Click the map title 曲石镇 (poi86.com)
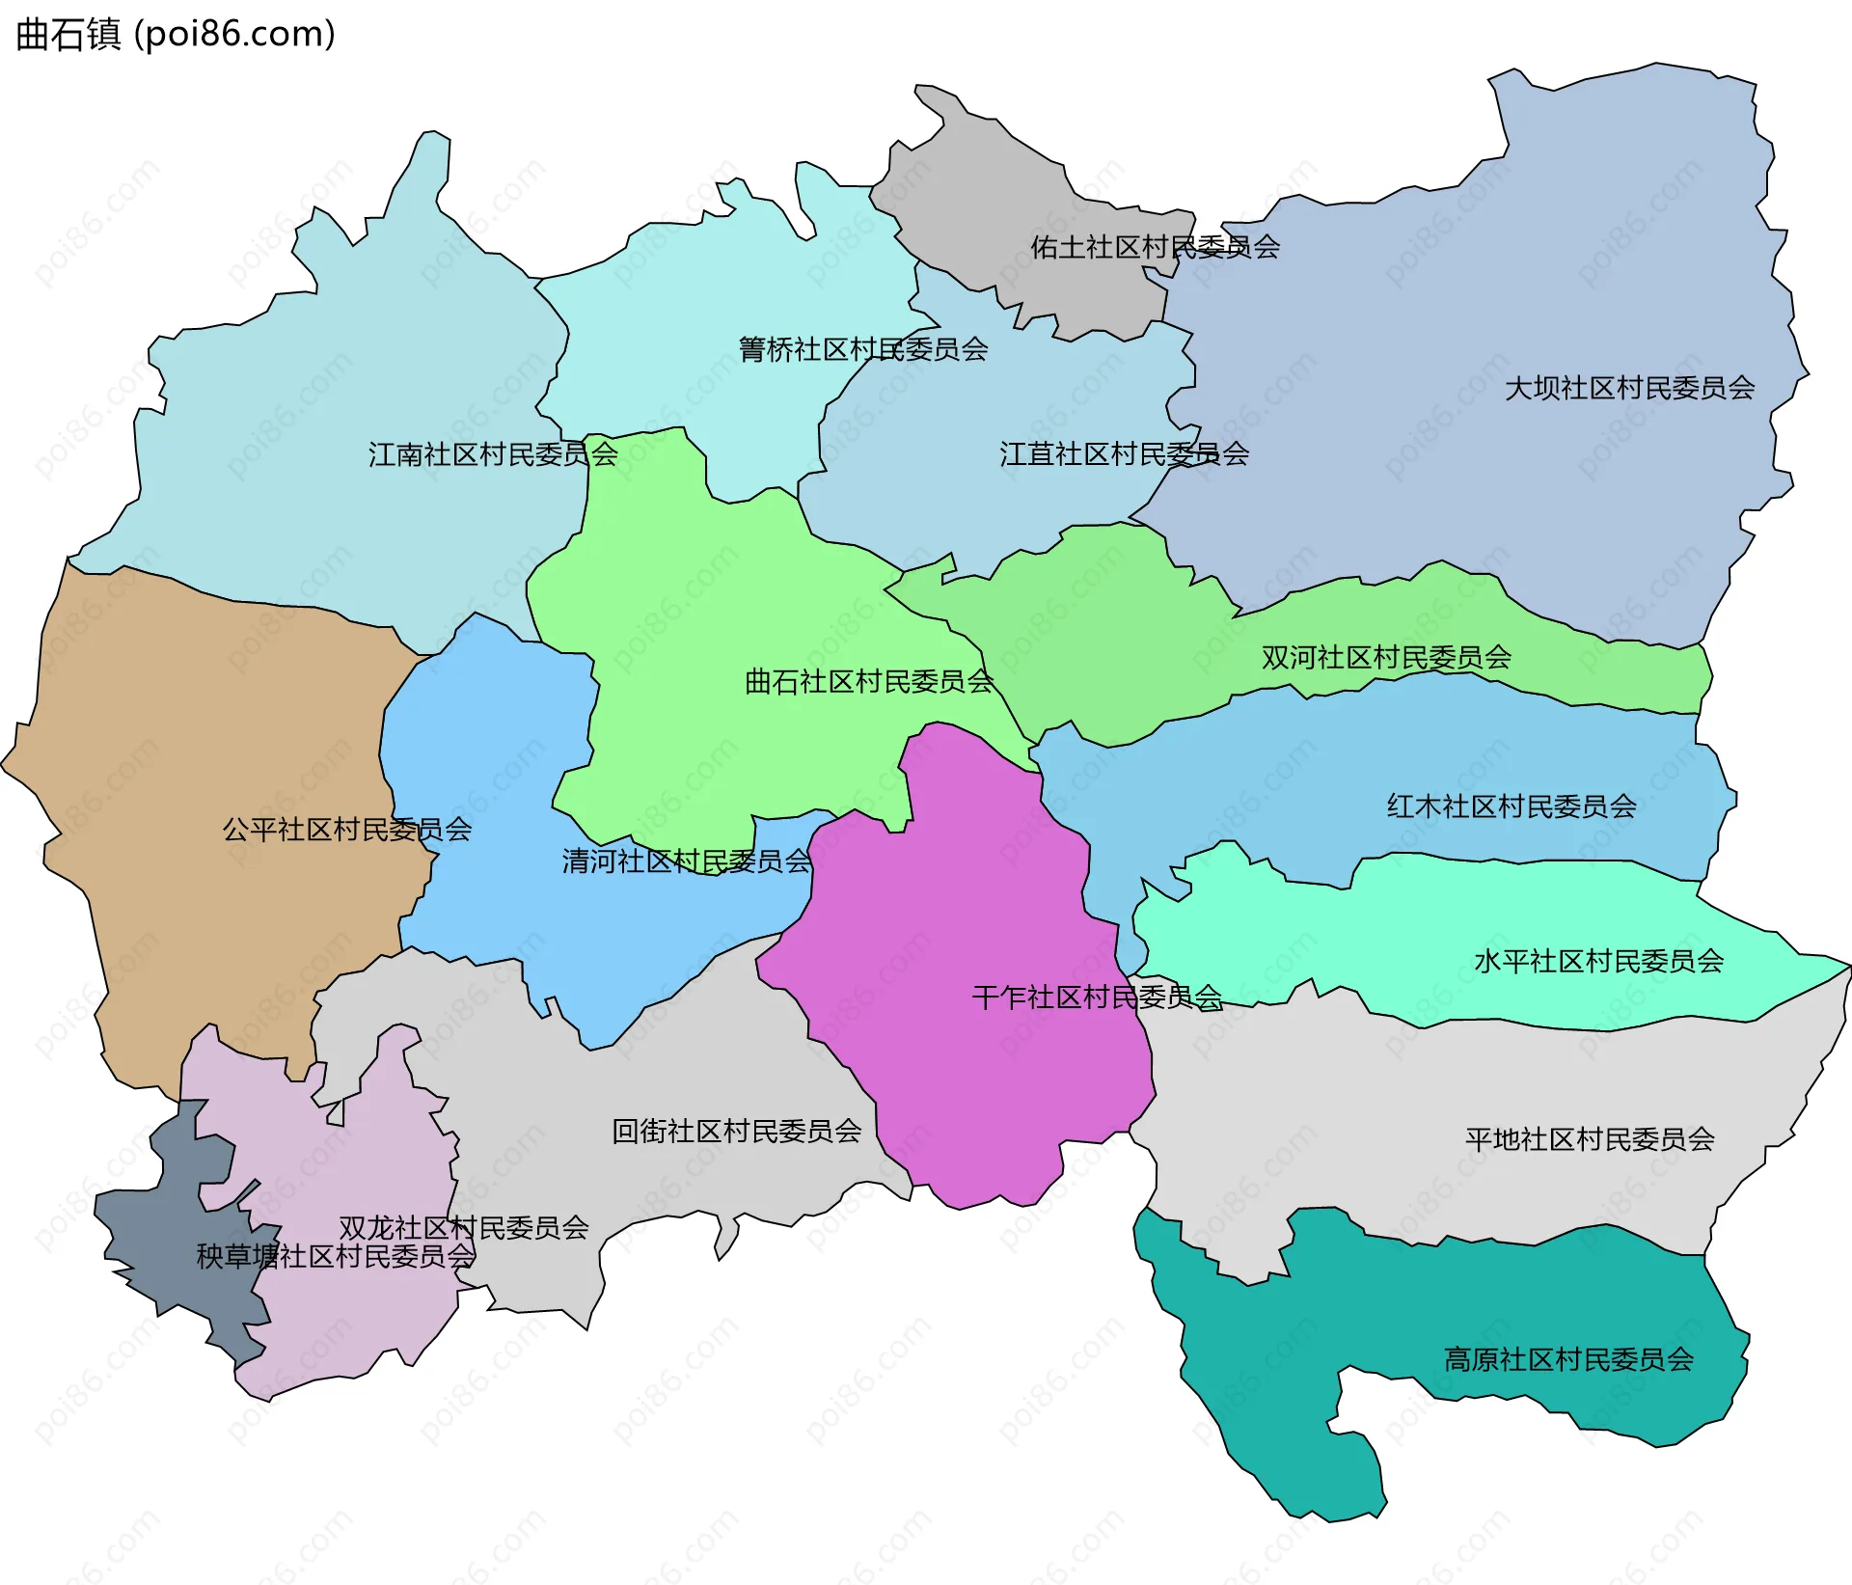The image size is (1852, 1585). coord(176,34)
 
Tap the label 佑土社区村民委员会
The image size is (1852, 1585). coord(1155,248)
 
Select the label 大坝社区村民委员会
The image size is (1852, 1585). coord(1629,389)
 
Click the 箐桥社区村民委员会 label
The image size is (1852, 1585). coord(862,349)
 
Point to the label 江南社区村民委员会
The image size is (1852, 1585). coord(492,454)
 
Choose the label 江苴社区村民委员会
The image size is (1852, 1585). coord(1124,454)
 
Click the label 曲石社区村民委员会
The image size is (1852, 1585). coord(868,682)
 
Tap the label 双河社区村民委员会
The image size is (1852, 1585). coord(1386,658)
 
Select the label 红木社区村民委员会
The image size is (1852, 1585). coord(1512,806)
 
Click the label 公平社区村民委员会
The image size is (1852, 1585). coord(347,830)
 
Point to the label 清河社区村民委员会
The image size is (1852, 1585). coord(687,861)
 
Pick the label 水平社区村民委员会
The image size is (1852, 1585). coord(1598,961)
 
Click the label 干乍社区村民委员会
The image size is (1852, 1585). coord(1097,997)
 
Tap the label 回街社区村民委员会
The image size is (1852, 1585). coord(736,1132)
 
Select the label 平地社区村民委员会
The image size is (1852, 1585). coord(1590,1139)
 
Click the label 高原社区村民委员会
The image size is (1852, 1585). coord(1568,1360)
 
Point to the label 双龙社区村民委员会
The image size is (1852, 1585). coord(463,1228)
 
